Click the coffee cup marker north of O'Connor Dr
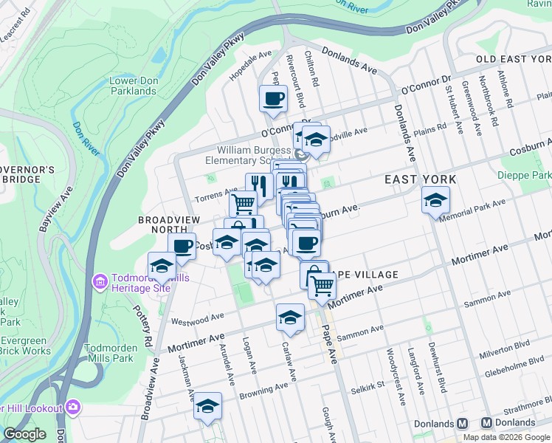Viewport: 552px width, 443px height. tap(273, 99)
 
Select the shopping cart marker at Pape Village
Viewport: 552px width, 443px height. tap(321, 285)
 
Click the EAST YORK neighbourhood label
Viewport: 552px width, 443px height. tap(420, 179)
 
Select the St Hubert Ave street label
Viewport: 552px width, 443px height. tap(454, 111)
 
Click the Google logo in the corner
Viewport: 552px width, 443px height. tap(24, 434)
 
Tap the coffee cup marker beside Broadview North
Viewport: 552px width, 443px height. tap(182, 247)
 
